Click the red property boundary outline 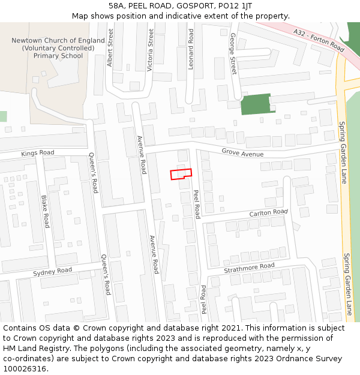(181, 174)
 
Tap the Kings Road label (37, 153)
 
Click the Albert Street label (110, 47)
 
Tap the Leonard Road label (191, 49)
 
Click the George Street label (233, 54)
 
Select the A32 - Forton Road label (319, 40)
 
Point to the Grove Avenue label (242, 154)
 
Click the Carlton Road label (269, 213)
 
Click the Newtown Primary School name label (58, 48)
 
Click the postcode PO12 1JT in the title (232, 5)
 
